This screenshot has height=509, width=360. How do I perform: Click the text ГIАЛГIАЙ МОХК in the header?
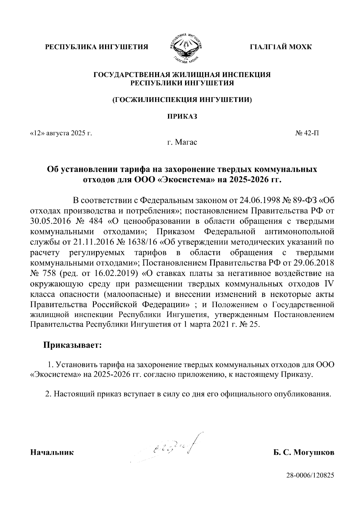(x=281, y=47)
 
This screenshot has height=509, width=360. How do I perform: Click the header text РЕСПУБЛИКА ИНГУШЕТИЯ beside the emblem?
(x=97, y=47)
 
